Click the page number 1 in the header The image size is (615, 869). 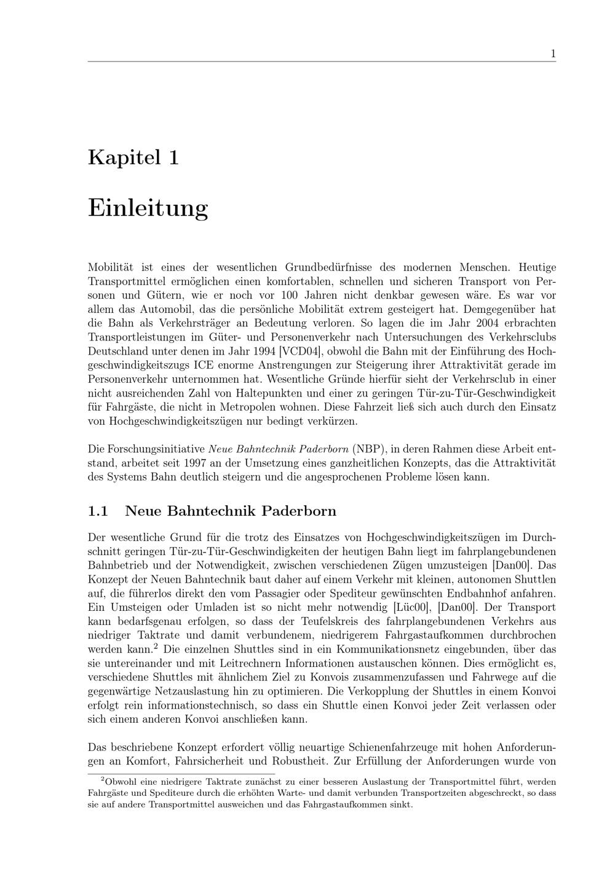[x=553, y=54]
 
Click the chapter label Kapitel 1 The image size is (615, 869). [x=133, y=157]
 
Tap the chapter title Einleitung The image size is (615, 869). [x=148, y=208]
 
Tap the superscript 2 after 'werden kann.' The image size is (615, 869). [x=156, y=647]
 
